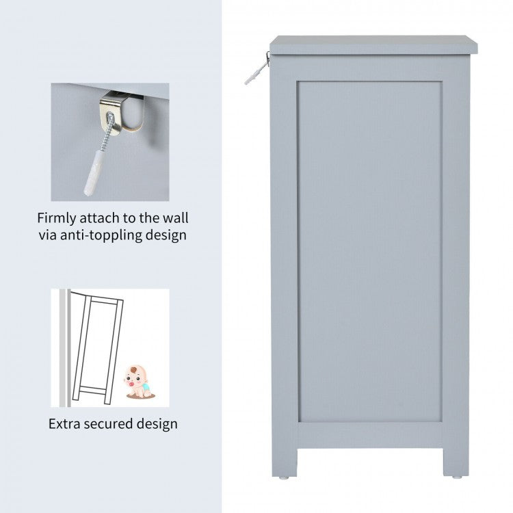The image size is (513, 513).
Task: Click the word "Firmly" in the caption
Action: pyautogui.click(x=56, y=219)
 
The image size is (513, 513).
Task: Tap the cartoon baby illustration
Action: pyautogui.click(x=139, y=382)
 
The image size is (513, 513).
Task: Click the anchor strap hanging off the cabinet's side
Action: pyautogui.click(x=257, y=69)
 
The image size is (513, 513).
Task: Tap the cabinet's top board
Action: pyautogui.click(x=373, y=44)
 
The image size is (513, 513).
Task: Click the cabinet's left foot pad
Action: pyautogui.click(x=284, y=477)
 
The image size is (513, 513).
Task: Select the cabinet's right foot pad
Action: pyautogui.click(x=457, y=477)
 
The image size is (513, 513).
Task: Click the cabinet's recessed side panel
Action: pyautogui.click(x=370, y=252)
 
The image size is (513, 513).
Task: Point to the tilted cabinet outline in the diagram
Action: pyautogui.click(x=97, y=347)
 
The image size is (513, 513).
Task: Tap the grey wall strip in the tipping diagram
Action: pyautogui.click(x=64, y=347)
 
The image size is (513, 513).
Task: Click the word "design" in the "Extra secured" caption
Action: pyautogui.click(x=157, y=424)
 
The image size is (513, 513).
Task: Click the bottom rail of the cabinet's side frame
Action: pyautogui.click(x=370, y=436)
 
